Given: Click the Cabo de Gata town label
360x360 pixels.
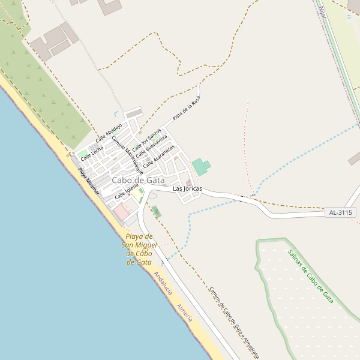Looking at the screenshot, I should (138, 180).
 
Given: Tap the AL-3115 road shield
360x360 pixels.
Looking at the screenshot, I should (341, 212).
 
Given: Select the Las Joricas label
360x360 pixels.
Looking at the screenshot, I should (187, 189).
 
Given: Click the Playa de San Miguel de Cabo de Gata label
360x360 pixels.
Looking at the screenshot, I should (139, 249).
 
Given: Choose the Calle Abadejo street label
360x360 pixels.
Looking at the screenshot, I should (109, 133).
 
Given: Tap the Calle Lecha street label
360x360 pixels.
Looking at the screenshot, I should (92, 152).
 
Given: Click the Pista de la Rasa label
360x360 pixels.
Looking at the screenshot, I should (185, 109).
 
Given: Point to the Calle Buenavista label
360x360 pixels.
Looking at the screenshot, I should (151, 146).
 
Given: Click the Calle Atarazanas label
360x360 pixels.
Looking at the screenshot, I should (159, 155).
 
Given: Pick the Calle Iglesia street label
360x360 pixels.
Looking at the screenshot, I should (127, 190).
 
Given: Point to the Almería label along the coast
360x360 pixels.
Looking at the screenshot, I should (184, 313).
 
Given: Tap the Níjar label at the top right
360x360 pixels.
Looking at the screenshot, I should (323, 11).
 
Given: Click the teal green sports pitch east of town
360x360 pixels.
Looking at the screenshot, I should (200, 166).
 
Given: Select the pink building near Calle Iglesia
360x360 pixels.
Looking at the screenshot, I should (122, 211).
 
